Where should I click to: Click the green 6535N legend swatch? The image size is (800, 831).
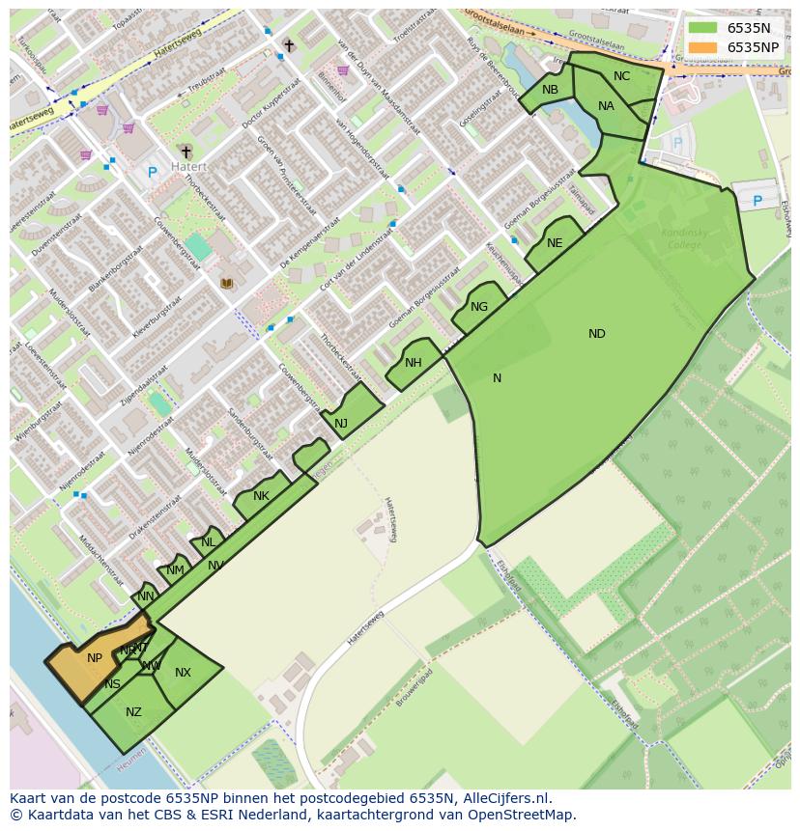click(703, 28)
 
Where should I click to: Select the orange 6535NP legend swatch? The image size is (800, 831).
click(703, 47)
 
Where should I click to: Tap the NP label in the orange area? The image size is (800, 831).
click(94, 658)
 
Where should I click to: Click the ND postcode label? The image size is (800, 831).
click(597, 334)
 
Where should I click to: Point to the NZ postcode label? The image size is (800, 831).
click(133, 712)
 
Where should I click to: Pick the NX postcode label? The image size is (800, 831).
click(183, 673)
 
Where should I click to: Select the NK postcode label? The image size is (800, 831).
click(261, 496)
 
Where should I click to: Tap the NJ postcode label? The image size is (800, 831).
click(341, 423)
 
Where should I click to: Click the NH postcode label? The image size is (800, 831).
click(414, 363)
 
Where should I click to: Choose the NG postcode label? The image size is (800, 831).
click(479, 307)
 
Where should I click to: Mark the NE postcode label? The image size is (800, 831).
click(555, 243)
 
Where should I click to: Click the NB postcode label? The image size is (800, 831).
click(550, 90)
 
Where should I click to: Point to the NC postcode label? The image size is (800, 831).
click(621, 76)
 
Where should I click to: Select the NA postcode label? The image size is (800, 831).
click(606, 106)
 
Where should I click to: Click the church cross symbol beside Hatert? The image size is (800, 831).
click(186, 152)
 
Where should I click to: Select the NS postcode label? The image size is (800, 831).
click(113, 684)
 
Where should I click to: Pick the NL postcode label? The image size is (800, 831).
click(208, 542)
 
